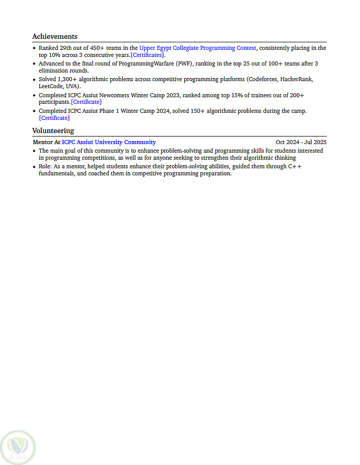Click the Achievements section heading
[x=55, y=36]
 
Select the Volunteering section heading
[x=53, y=130]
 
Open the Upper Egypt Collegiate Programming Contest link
[x=197, y=48]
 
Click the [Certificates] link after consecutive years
[x=148, y=55]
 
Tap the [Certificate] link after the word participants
[x=86, y=102]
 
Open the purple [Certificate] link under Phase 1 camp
[x=54, y=118]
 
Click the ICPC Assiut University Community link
[x=109, y=142]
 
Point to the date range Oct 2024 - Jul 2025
[x=301, y=142]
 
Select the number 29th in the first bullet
[x=66, y=48]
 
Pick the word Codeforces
[x=262, y=80]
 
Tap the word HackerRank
[x=297, y=80]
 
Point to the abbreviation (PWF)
[x=184, y=64]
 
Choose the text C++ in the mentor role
[x=295, y=166]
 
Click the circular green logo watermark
[x=18, y=446]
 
